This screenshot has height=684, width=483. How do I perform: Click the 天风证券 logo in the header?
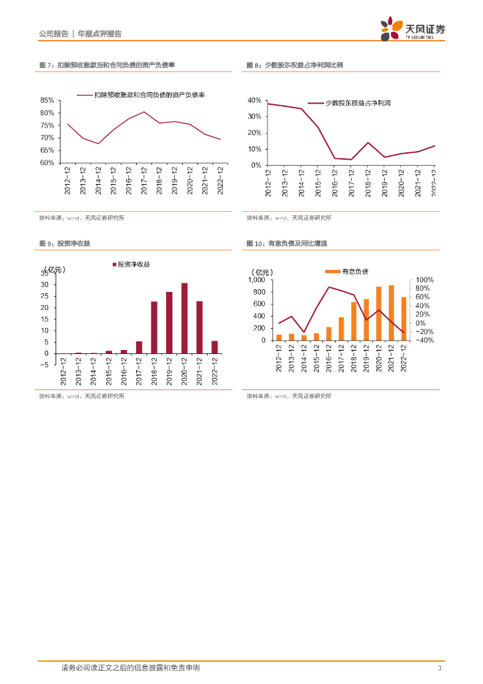[412, 30]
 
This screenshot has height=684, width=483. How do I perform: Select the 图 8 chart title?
[294, 65]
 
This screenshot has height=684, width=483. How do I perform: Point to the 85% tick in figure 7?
[47, 100]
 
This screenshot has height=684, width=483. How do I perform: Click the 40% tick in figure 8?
[254, 100]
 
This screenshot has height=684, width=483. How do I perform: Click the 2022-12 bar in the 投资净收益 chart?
[214, 347]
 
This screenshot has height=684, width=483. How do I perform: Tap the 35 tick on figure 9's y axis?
[44, 273]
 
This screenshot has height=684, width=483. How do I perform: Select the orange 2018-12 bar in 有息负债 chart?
[354, 321]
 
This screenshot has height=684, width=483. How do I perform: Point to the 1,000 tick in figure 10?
[257, 280]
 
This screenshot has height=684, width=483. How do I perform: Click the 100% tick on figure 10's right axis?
[425, 281]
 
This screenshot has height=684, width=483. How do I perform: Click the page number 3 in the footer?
[439, 669]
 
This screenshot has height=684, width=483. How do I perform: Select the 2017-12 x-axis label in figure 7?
[143, 180]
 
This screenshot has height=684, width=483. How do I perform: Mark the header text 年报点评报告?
[100, 34]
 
